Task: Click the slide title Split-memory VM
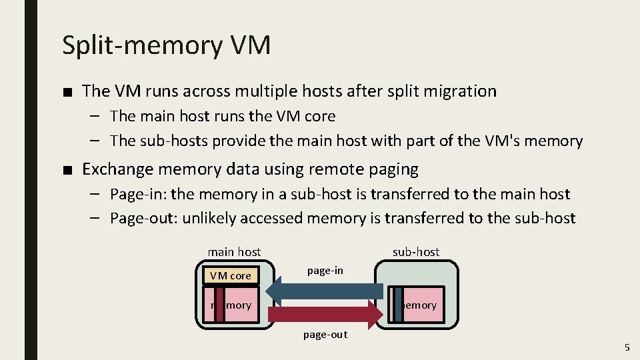[167, 45]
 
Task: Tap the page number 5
[627, 347]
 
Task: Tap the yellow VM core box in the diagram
[230, 275]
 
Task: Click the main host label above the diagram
[234, 251]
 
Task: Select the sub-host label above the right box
[416, 251]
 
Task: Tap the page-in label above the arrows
[325, 270]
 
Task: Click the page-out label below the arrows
[325, 334]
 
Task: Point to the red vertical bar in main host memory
[219, 304]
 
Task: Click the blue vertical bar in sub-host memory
[398, 304]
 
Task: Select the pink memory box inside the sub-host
[423, 304]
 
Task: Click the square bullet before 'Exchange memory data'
[67, 170]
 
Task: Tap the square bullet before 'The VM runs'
[67, 92]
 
